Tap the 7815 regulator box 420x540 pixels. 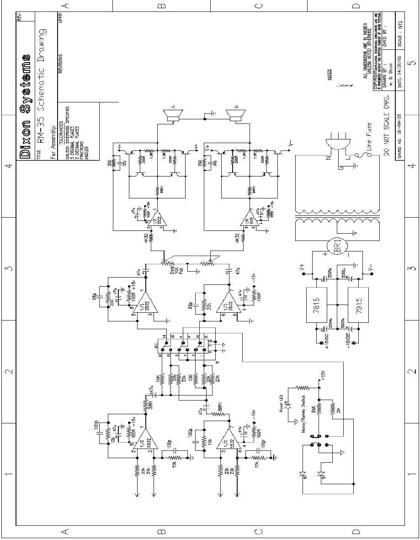(x=316, y=301)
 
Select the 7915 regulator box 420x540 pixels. (x=359, y=301)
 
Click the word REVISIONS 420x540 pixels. (x=60, y=64)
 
